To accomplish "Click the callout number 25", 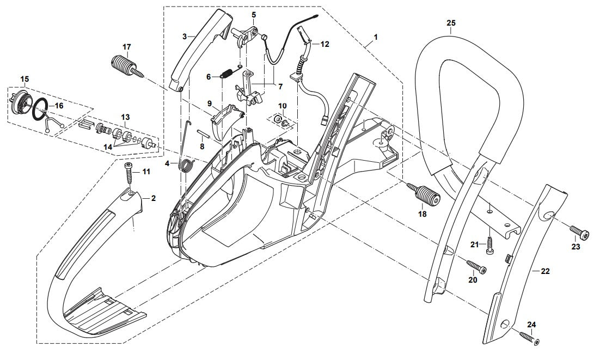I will [x=451, y=23].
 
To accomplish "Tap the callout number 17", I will [x=127, y=46].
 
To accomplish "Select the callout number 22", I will [x=545, y=270].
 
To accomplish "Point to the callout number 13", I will [x=125, y=117].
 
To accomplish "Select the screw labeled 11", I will [x=130, y=174].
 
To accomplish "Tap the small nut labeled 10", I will [x=279, y=119].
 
